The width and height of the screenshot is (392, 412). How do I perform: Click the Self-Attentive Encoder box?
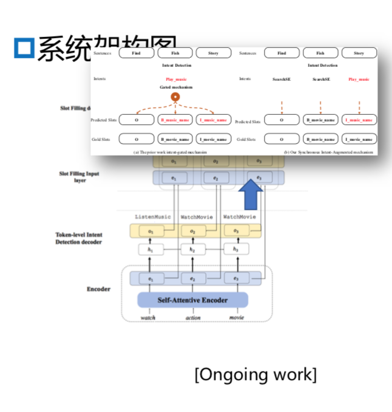point(192,300)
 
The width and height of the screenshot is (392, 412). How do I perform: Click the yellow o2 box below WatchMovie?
point(192,231)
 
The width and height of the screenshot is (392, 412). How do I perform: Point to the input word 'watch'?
point(147,317)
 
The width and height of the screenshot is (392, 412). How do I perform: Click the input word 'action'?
point(192,317)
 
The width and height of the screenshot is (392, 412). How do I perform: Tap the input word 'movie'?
point(237,317)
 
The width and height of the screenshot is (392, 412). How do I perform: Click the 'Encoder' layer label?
point(98,289)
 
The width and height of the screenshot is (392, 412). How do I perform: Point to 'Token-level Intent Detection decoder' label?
point(79,238)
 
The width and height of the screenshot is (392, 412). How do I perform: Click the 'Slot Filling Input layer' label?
point(79,177)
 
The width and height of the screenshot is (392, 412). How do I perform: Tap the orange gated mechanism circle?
point(175,97)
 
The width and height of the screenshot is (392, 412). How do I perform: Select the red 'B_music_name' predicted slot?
point(175,120)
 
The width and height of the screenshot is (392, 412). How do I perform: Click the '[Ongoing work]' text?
point(255,374)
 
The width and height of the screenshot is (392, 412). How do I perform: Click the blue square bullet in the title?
point(24,47)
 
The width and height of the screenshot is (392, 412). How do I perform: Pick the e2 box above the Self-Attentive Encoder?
point(192,278)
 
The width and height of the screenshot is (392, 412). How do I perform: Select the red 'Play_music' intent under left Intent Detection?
point(176,79)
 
